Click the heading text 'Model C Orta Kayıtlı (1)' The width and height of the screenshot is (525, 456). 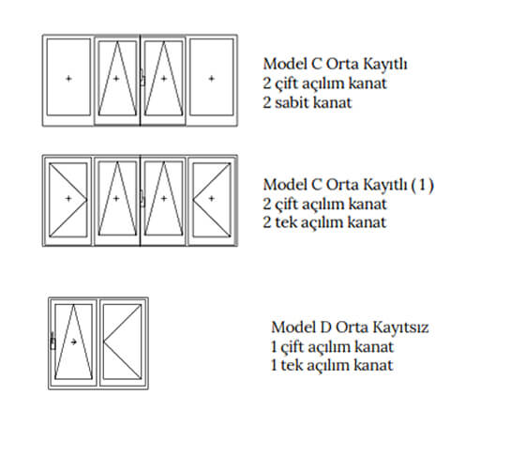pyautogui.click(x=348, y=185)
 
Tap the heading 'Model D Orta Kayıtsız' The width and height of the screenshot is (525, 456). pyautogui.click(x=350, y=327)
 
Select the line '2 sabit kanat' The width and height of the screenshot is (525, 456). pyautogui.click(x=307, y=102)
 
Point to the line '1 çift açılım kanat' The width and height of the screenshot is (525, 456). pyautogui.click(x=332, y=347)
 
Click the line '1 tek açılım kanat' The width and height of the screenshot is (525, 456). pyautogui.click(x=332, y=365)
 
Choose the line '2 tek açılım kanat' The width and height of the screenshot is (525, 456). pyautogui.click(x=324, y=222)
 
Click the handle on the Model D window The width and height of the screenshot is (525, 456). pyautogui.click(x=52, y=341)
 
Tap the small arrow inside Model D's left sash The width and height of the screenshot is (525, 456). pyautogui.click(x=74, y=342)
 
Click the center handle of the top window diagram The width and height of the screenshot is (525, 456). pyautogui.click(x=142, y=77)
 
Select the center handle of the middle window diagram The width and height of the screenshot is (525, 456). pyautogui.click(x=142, y=198)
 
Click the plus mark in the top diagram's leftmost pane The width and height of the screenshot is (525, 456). pyautogui.click(x=68, y=79)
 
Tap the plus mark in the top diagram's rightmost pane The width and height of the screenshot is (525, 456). pyautogui.click(x=211, y=79)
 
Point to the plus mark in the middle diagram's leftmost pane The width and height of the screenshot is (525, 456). pyautogui.click(x=68, y=198)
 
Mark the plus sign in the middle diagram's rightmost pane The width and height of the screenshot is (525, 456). pyautogui.click(x=211, y=198)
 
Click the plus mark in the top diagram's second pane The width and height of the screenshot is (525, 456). pyautogui.click(x=116, y=79)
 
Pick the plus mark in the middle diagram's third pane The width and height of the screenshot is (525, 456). pyautogui.click(x=164, y=198)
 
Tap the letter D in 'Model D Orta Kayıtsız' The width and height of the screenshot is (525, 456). pyautogui.click(x=325, y=327)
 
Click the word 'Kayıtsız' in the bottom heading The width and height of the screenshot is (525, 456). pyautogui.click(x=401, y=327)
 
